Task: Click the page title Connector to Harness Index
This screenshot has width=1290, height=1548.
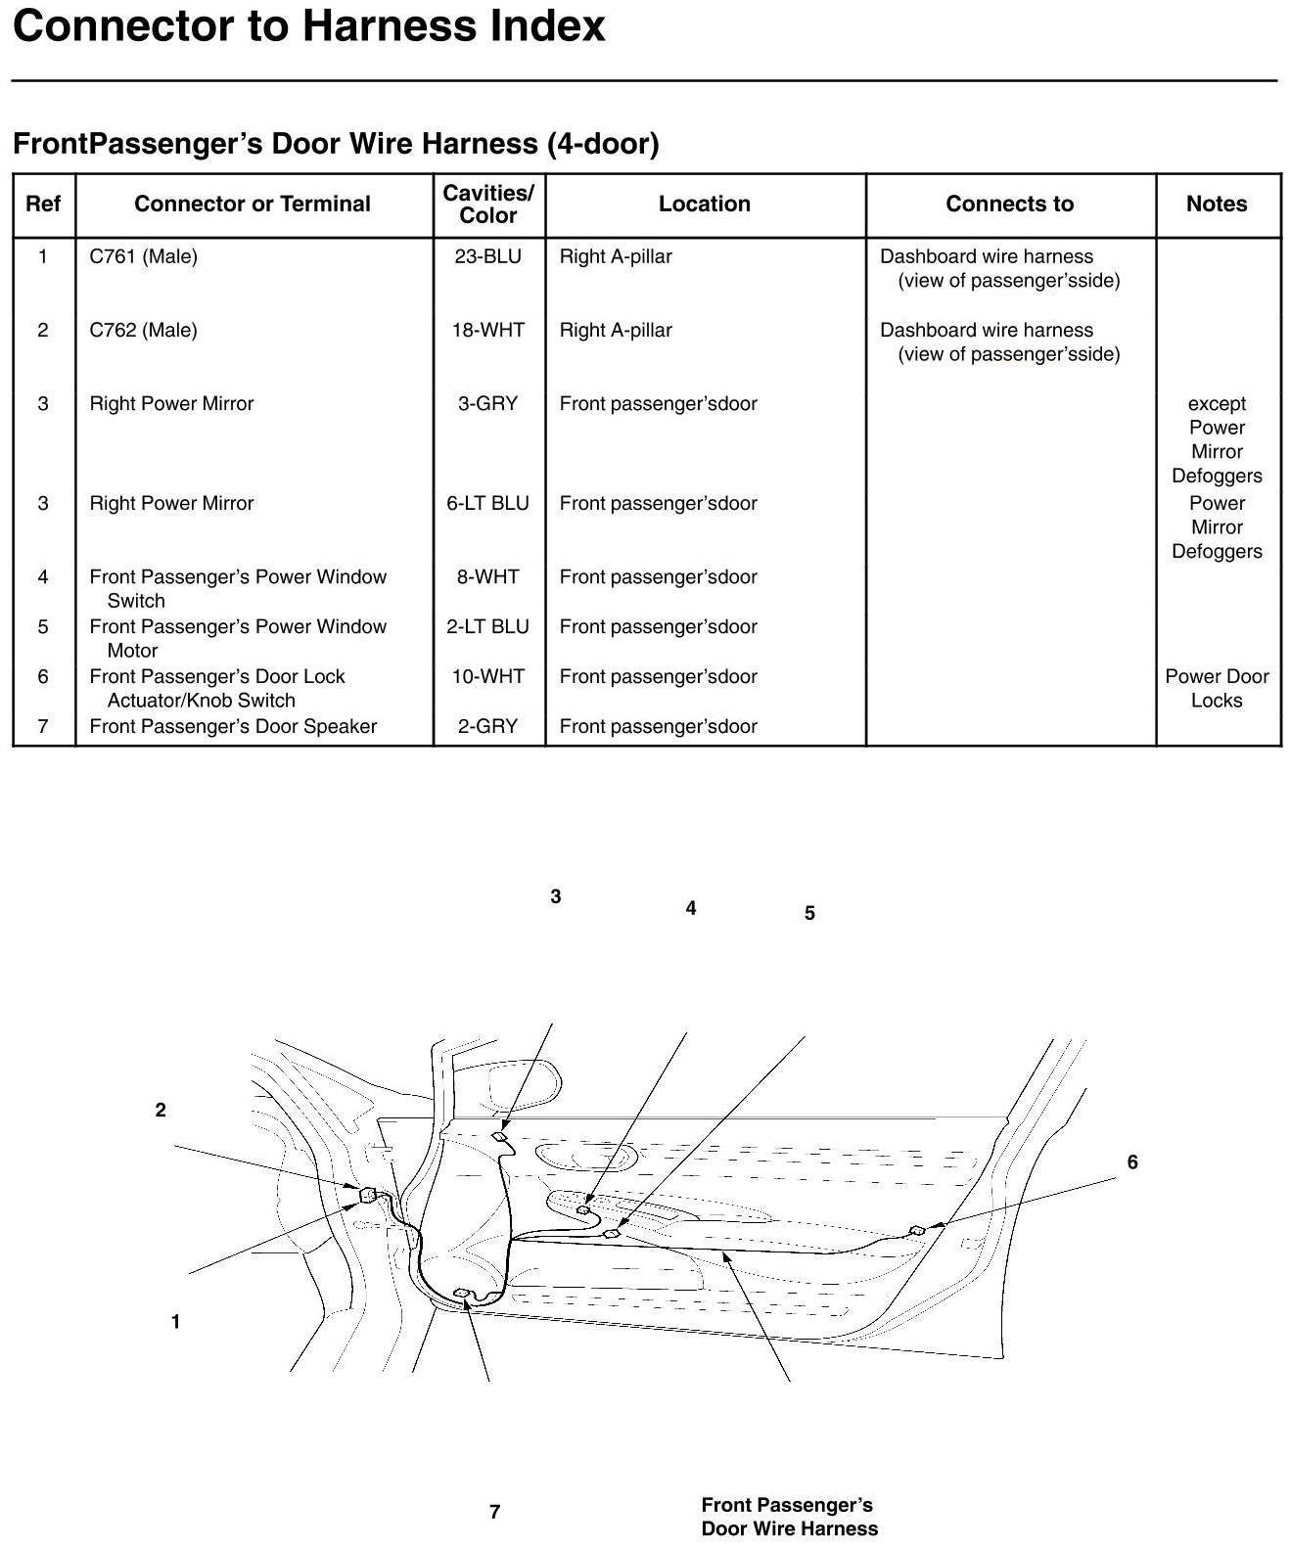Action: pos(309,26)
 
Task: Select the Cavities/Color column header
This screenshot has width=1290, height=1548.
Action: pos(487,204)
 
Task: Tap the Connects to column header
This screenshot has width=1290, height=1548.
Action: pos(1009,204)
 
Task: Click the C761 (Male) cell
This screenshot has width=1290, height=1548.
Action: pos(143,256)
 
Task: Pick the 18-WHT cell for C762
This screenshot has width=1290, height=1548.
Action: pos(487,330)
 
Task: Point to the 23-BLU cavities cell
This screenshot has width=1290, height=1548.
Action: pos(487,256)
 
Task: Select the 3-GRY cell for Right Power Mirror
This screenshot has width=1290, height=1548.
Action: pos(487,403)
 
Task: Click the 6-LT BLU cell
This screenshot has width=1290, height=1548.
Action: pos(487,503)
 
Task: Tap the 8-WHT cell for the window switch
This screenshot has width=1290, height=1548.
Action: pos(487,576)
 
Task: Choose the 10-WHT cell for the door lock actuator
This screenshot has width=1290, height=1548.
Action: pos(487,676)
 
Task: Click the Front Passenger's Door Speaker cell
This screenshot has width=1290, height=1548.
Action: pos(233,726)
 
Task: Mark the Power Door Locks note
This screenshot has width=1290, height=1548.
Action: pos(1217,688)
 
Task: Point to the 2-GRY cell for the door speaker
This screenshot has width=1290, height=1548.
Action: pos(487,726)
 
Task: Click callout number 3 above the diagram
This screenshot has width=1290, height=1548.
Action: pos(556,896)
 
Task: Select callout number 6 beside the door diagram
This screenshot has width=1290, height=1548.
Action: pos(1132,1162)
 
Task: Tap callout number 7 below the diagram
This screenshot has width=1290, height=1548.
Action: pos(495,1512)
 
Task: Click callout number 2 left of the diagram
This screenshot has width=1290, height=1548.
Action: pos(161,1110)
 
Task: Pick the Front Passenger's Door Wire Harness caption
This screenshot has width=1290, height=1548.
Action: pos(789,1517)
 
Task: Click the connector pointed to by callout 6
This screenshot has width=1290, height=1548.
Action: pos(917,1230)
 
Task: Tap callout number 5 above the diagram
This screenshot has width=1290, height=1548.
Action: pos(809,913)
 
